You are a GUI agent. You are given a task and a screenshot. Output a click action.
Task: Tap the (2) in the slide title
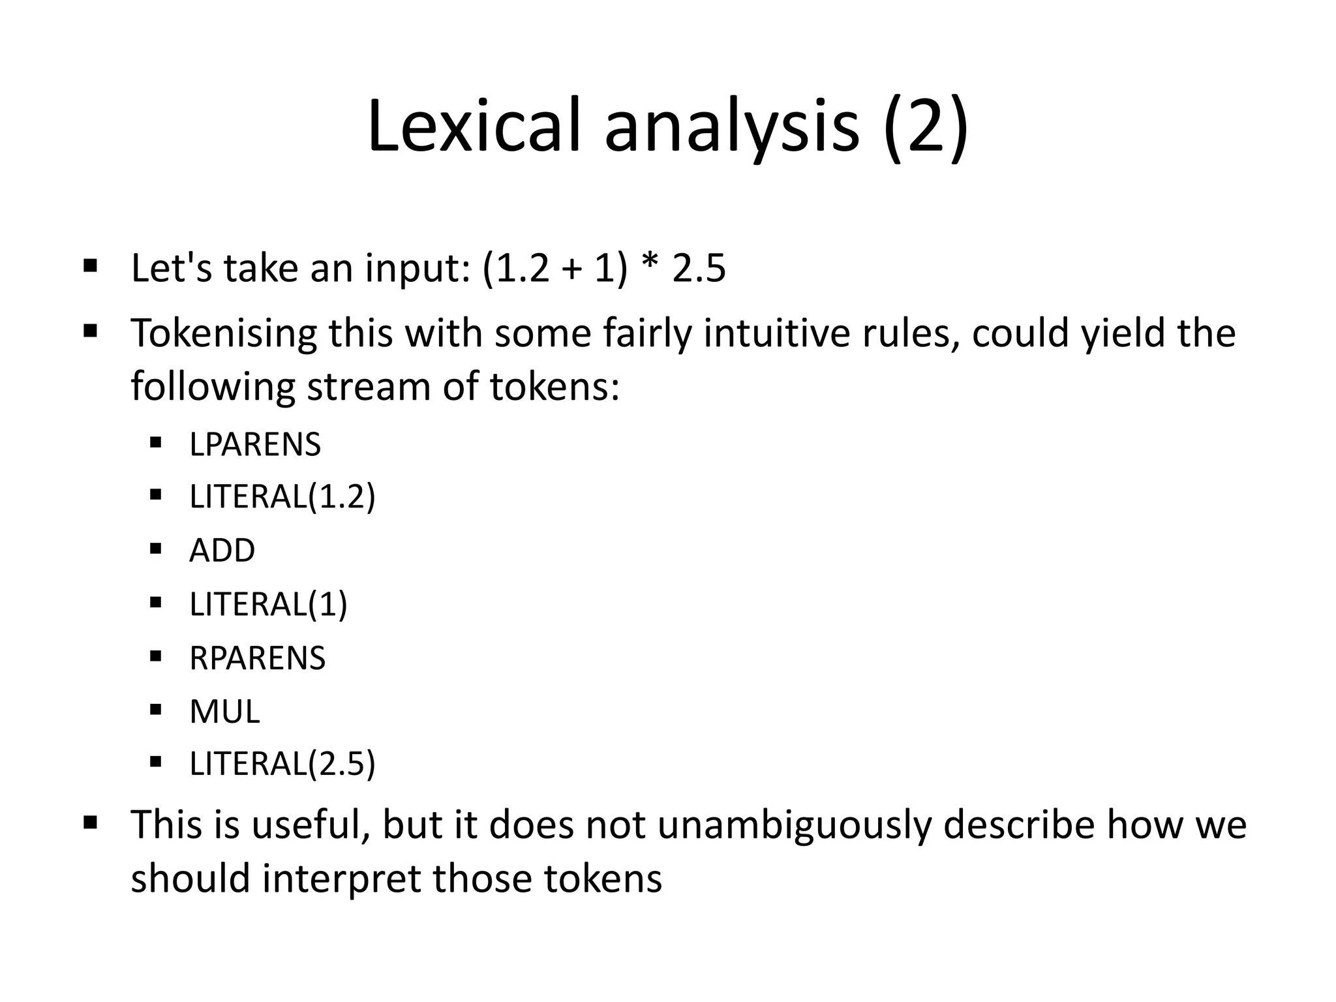[x=926, y=127]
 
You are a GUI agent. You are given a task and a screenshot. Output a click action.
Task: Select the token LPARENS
[x=255, y=445]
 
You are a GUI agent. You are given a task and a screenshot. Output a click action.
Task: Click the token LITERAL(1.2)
[x=282, y=497]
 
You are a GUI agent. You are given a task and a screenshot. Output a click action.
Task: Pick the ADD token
[x=222, y=551]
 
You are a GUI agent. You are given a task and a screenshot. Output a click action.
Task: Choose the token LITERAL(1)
[x=268, y=604]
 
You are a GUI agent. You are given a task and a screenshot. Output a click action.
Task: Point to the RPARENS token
[x=257, y=658]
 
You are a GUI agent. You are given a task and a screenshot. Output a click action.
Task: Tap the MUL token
[x=224, y=711]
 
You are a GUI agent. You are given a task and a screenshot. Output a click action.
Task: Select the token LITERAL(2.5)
[x=282, y=764]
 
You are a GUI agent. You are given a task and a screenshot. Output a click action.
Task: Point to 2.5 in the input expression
[x=699, y=268]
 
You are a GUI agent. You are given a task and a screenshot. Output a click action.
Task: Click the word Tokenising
[x=224, y=333]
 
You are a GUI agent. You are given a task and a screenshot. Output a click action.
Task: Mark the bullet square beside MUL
[x=155, y=709]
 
